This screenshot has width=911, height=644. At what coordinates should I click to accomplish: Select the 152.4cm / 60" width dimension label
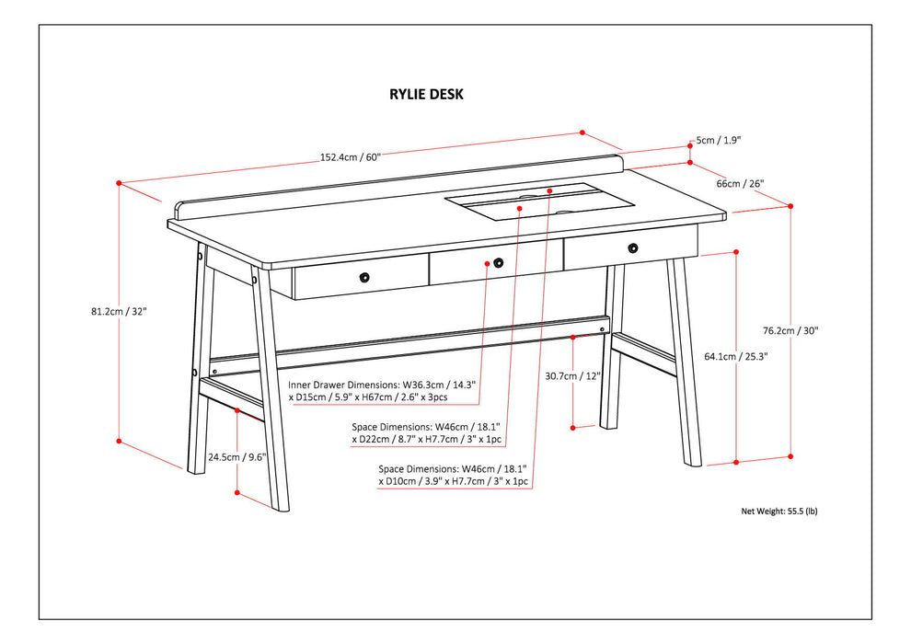click(351, 156)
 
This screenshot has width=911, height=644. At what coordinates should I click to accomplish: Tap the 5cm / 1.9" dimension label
click(718, 141)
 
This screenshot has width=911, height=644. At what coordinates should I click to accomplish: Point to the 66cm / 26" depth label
click(740, 183)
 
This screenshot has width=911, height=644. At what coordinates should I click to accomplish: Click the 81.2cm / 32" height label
click(113, 311)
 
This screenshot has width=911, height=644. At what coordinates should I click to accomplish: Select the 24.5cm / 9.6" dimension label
click(236, 455)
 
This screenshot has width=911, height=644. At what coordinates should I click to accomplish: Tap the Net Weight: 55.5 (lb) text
click(778, 511)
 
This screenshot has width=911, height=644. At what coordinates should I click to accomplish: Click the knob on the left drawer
click(364, 276)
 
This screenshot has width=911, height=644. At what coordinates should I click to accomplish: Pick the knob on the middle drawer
click(498, 262)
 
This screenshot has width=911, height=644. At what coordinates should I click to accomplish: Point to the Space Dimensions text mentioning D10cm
click(453, 475)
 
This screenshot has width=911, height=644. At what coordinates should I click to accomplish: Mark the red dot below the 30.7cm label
click(572, 427)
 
